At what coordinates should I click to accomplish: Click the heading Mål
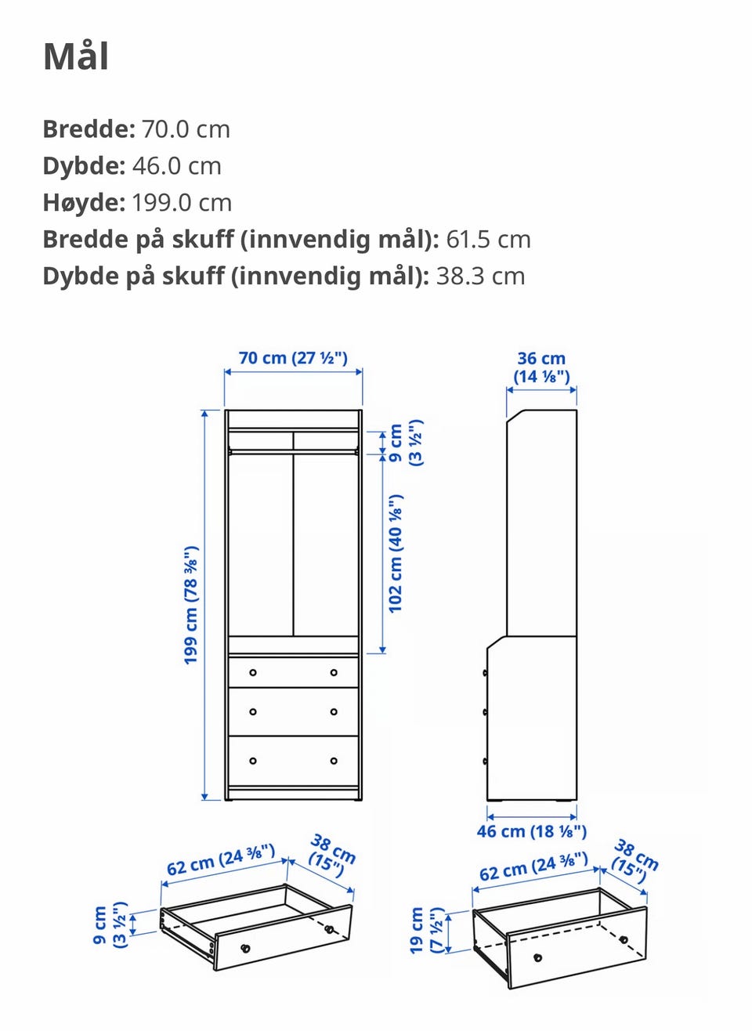tap(76, 56)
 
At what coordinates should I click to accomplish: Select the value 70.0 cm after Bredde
tap(186, 128)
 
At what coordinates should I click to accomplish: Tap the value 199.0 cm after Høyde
tap(182, 202)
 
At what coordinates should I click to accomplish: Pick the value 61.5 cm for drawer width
tap(488, 240)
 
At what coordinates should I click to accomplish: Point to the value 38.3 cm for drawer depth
tap(480, 276)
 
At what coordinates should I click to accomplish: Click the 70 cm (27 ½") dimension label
tap(293, 358)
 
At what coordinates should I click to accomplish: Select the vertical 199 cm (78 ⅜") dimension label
tap(191, 606)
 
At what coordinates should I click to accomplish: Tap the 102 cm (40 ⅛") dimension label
tap(396, 554)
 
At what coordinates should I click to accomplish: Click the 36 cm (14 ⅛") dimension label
tap(542, 367)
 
